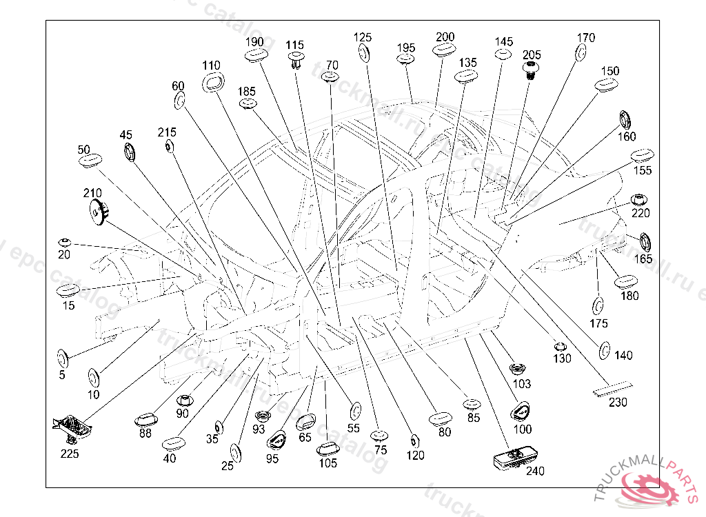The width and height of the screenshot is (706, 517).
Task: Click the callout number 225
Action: coord(70,453)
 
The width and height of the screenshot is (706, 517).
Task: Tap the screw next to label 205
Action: coord(531,70)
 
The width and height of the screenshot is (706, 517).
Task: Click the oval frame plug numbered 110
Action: coord(212,82)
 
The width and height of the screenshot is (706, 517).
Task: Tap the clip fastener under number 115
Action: coord(296,60)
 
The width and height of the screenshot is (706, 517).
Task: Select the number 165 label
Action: coord(643,259)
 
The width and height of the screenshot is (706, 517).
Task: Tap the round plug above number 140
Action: coord(603,350)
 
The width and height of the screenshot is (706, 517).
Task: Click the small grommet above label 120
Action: coord(414,441)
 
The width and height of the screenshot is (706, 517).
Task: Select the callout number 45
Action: coord(125,135)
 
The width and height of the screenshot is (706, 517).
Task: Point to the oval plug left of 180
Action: coord(625,281)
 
